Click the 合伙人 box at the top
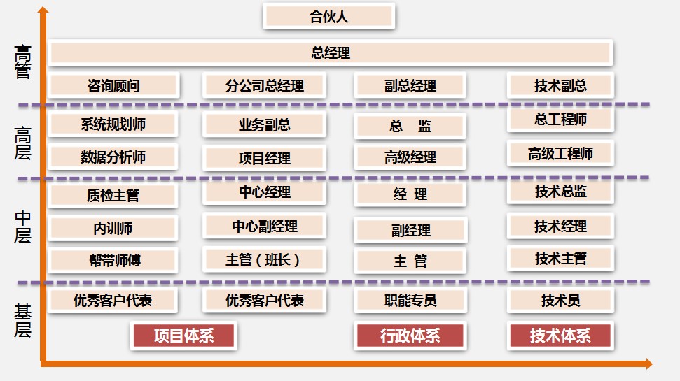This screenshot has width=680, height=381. pos(329,17)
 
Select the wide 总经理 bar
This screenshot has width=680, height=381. pos(331,52)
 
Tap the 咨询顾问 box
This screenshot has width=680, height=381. pos(113,86)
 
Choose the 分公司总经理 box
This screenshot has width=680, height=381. pos(265,86)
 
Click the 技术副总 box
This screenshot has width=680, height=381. pos(560,86)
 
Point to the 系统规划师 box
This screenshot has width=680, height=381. pos(113,124)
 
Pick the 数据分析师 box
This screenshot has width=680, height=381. pos(113,157)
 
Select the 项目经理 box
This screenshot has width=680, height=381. pos(265,159)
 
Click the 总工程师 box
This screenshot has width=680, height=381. pos(560,120)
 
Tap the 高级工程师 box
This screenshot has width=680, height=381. pos(560,153)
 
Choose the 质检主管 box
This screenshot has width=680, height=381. pos(113,196)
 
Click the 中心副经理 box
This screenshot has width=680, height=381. pos(265,227)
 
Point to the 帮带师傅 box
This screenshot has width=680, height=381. pos(113,261)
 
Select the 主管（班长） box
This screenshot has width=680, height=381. pos(265,260)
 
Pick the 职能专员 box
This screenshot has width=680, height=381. pos(410,301)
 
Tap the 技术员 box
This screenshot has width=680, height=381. pos(560,301)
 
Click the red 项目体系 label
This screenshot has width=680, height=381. pos(183,336)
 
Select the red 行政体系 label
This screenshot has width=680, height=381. pos(410,336)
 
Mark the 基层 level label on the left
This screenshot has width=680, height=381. pos(23,319)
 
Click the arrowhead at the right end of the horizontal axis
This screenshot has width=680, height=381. pos(648,364)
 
